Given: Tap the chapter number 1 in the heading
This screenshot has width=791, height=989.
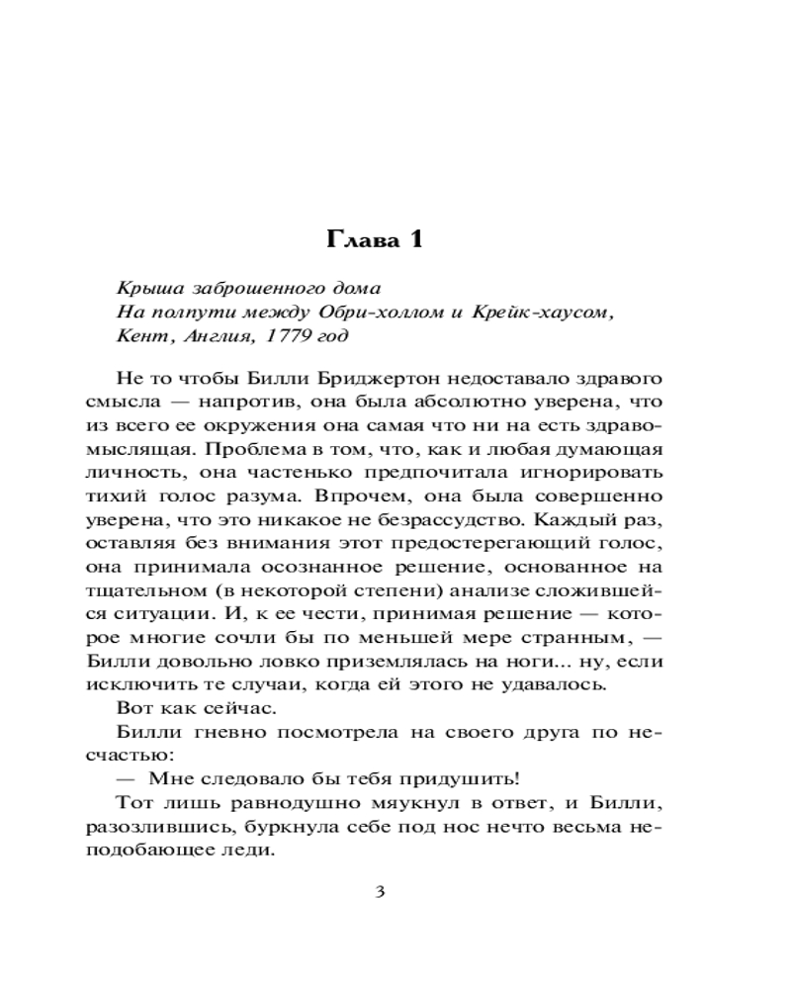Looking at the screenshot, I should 415,240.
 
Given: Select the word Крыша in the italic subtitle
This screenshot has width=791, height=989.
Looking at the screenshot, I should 147,288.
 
